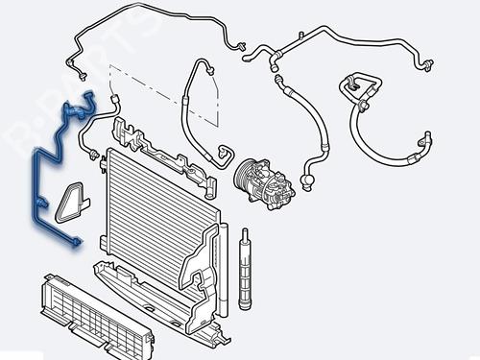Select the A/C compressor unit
click(x=265, y=184)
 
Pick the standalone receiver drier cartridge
click(x=245, y=269)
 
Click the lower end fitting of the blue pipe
click(x=76, y=243)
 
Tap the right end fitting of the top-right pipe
click(x=427, y=64)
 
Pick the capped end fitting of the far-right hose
click(x=427, y=138)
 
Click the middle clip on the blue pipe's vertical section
click(x=41, y=203)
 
